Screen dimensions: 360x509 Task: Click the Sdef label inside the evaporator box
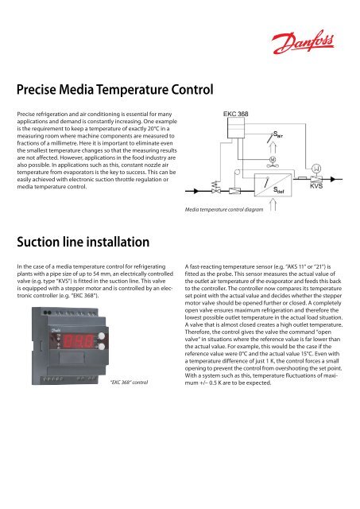point(283,212)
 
